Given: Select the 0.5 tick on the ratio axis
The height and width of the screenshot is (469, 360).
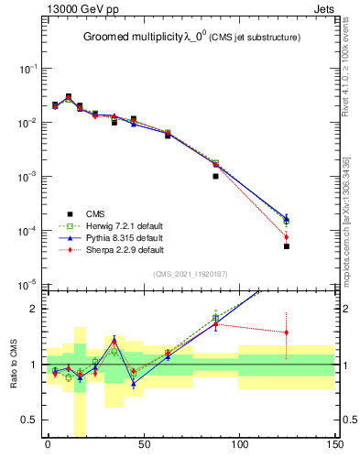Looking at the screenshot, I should (29, 420).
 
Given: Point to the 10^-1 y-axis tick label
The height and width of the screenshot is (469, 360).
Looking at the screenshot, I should (27, 70).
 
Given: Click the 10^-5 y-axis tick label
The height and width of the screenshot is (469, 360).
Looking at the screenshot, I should (27, 285).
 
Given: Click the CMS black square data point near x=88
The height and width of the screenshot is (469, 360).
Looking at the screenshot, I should (215, 176).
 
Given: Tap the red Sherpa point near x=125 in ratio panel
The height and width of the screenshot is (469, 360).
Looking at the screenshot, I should (287, 333).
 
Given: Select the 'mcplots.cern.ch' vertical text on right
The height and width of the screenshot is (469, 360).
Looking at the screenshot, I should (349, 229).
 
